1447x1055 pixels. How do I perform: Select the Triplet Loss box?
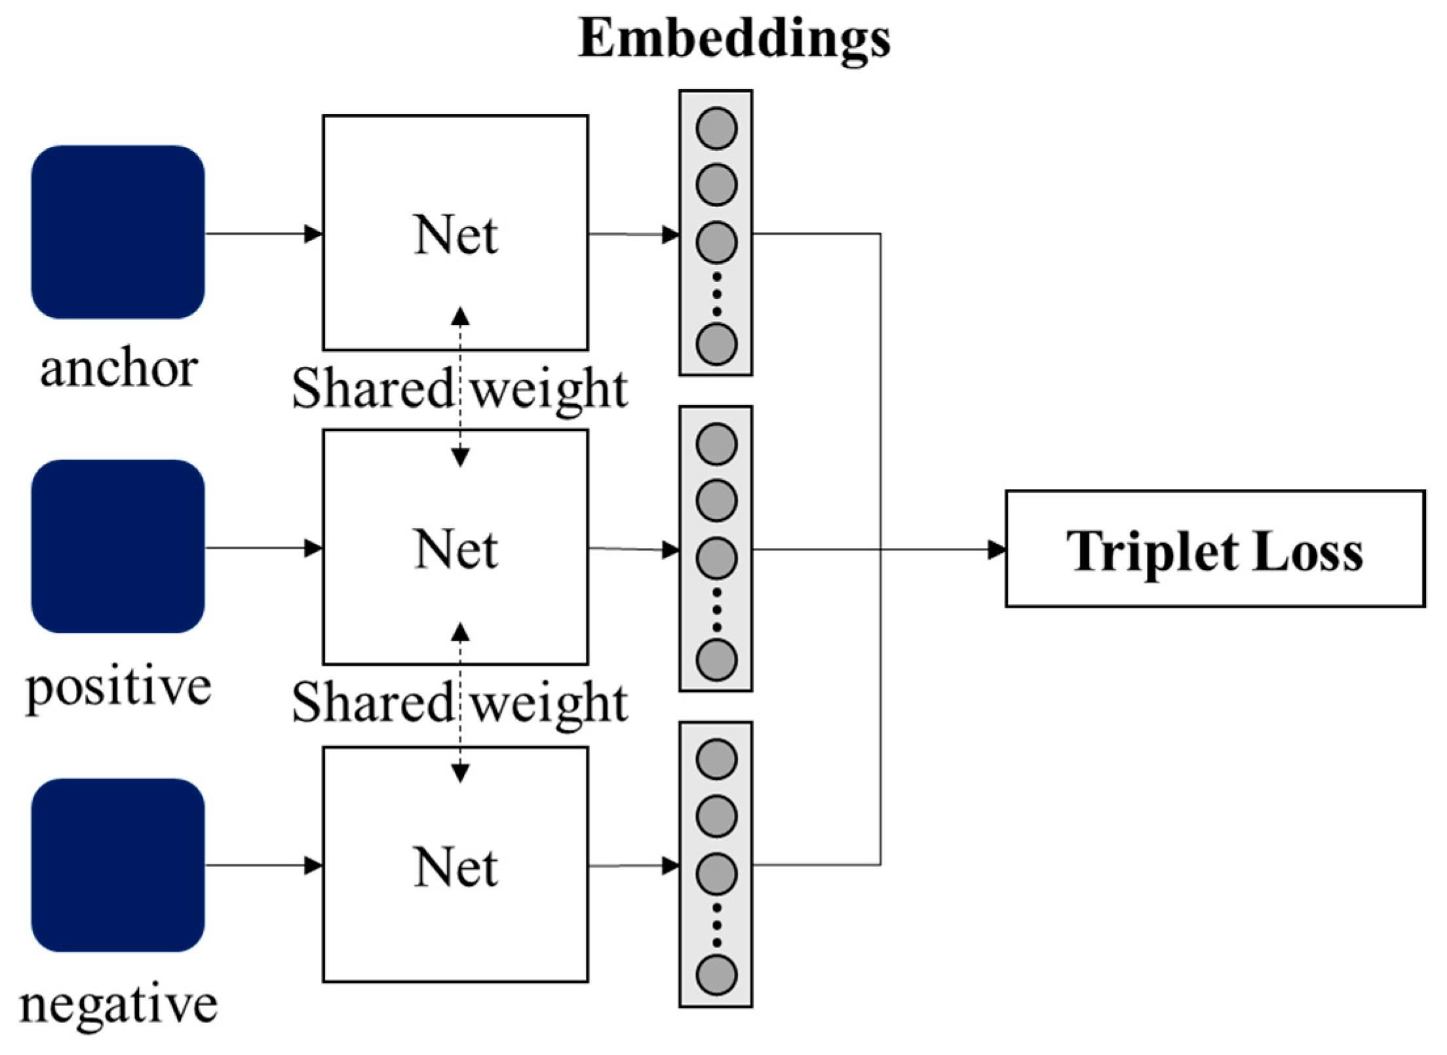click(x=1215, y=549)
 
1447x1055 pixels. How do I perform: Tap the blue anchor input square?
click(x=118, y=232)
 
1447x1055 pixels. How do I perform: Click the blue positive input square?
click(x=118, y=546)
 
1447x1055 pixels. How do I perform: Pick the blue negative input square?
click(x=118, y=865)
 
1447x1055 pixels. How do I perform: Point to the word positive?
click(x=119, y=688)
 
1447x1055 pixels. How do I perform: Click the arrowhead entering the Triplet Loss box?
click(x=997, y=549)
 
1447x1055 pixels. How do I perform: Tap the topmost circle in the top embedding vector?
click(x=716, y=128)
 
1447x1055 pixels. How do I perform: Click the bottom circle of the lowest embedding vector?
click(x=716, y=974)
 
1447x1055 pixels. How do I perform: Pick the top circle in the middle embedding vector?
click(x=716, y=444)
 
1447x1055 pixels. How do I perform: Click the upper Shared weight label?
click(x=459, y=389)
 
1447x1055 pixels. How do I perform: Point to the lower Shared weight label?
click(x=459, y=702)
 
